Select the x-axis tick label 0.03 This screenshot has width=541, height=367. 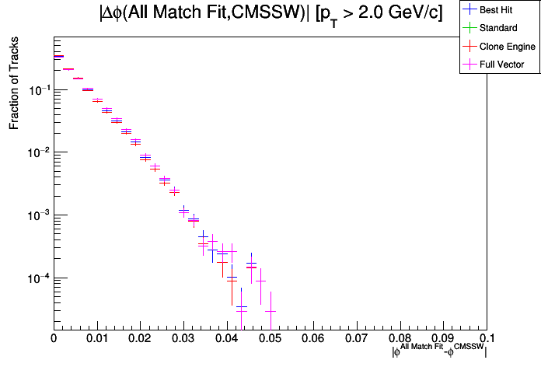coord(183,339)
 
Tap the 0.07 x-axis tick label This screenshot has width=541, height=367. coord(357,339)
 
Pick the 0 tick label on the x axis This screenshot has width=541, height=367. coord(54,339)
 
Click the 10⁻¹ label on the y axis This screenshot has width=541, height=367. coord(38,90)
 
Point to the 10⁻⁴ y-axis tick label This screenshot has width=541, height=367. coord(38,278)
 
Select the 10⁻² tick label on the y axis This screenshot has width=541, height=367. coord(38,152)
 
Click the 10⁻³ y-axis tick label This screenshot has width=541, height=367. coord(38,215)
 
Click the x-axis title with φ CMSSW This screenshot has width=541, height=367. coord(439,351)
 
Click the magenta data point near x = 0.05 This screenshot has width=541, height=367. coord(270,311)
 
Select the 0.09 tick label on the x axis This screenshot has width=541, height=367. coord(444,339)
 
